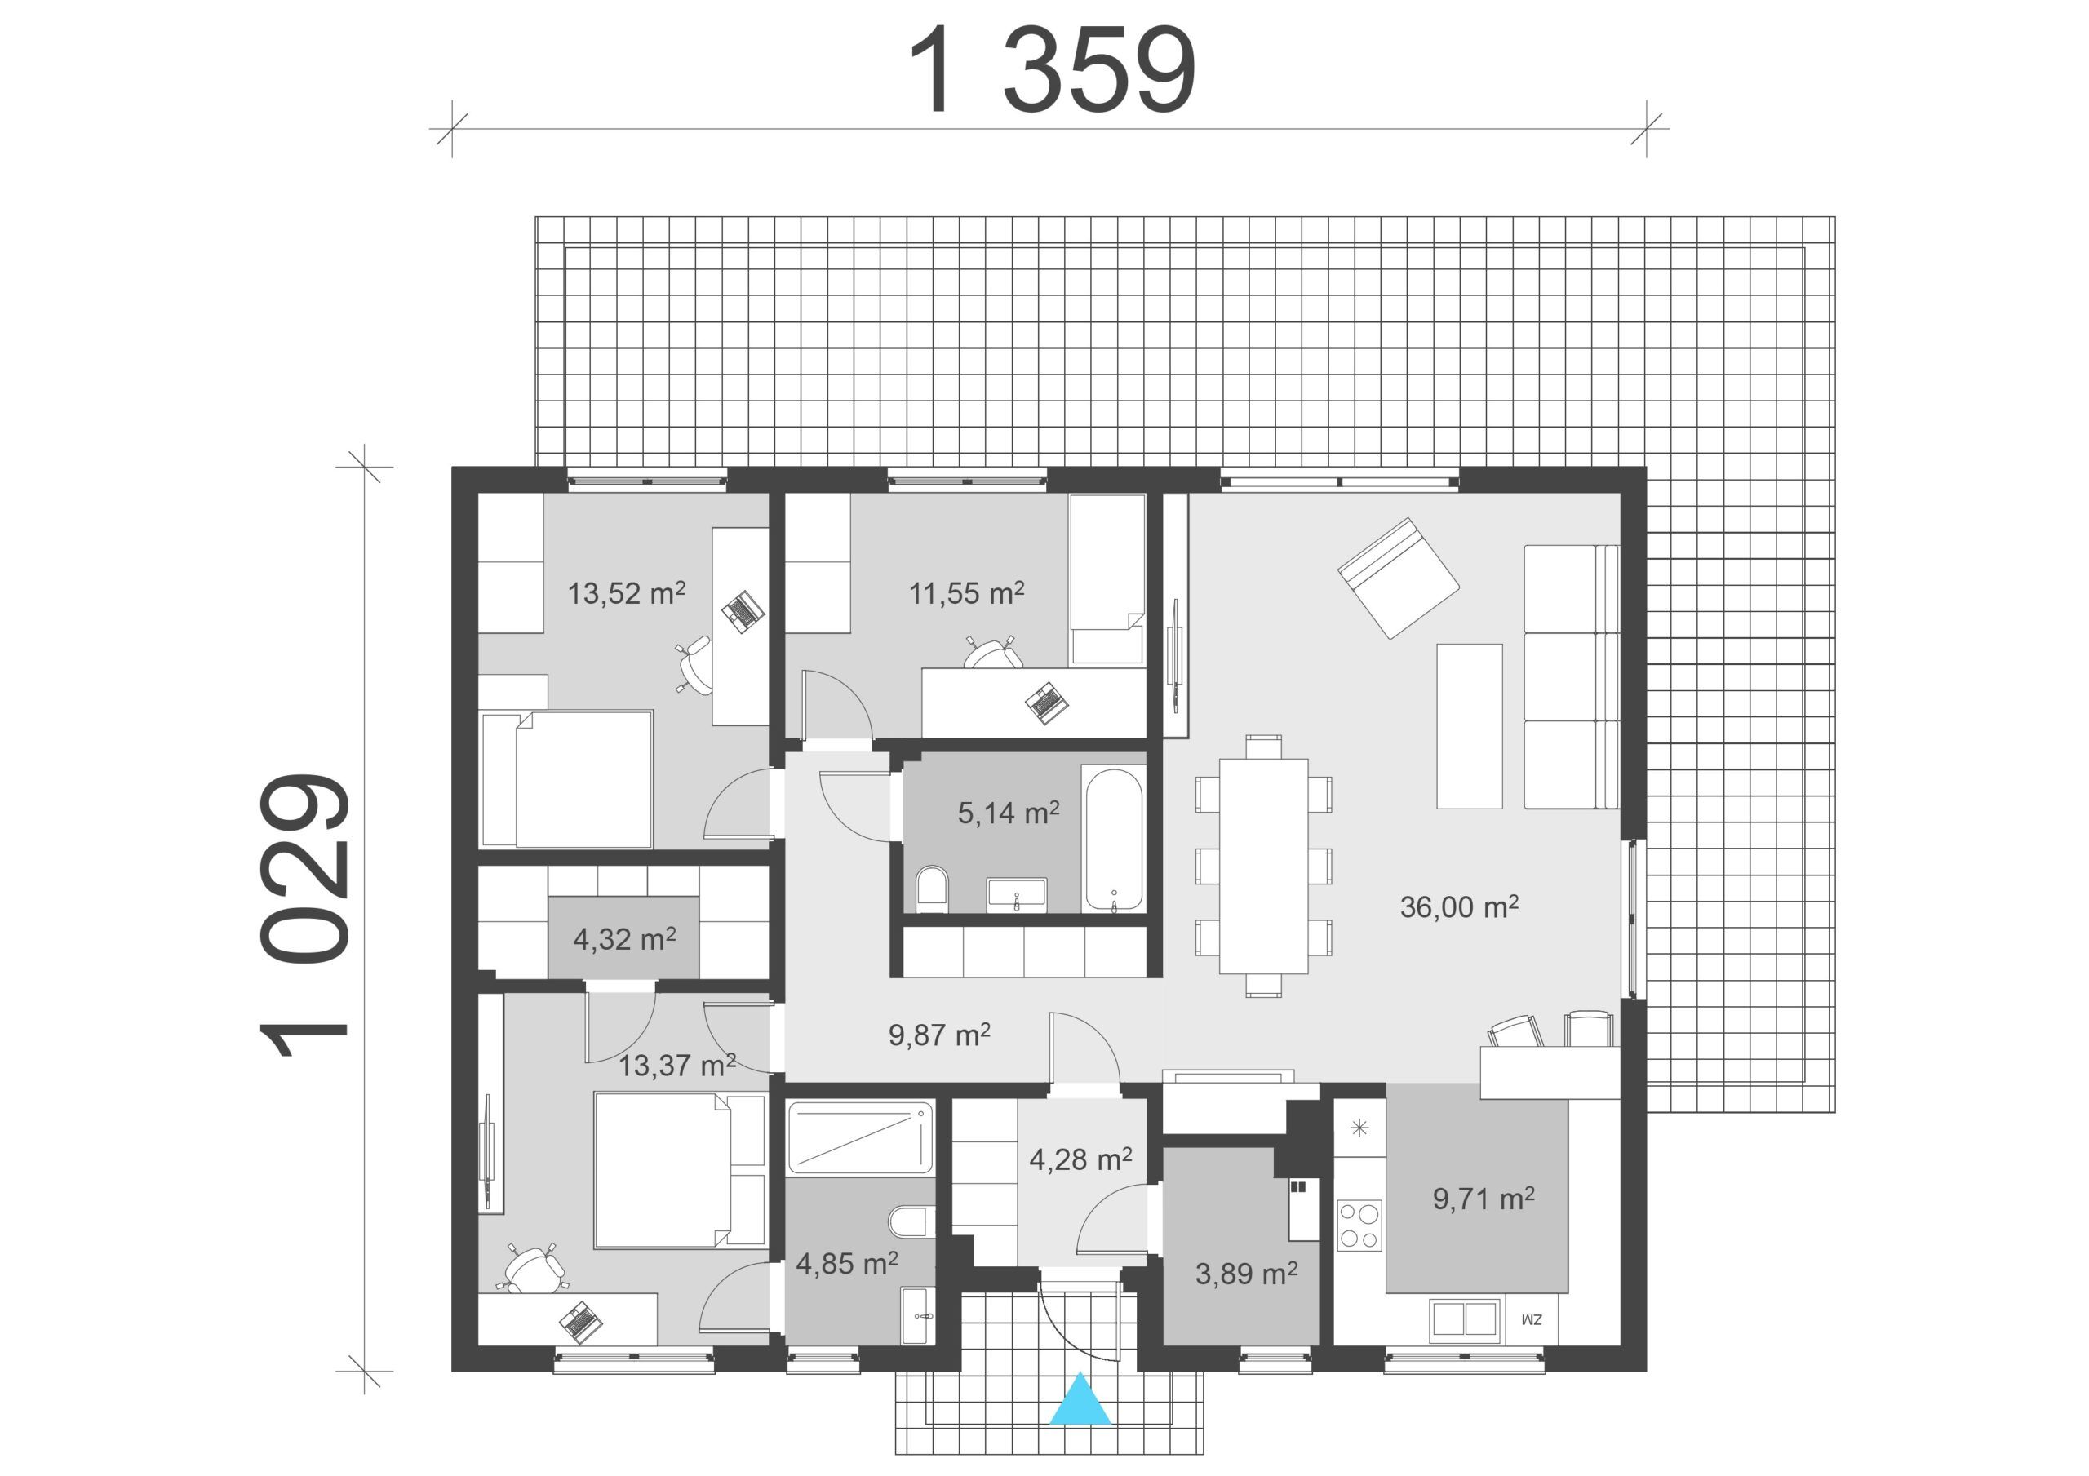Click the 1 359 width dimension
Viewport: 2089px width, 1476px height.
point(1052,70)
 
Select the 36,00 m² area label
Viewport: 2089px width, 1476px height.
point(1459,906)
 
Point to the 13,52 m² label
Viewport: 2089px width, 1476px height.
point(627,593)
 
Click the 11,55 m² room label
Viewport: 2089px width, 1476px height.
point(967,593)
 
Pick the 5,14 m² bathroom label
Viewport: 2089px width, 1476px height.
point(1008,813)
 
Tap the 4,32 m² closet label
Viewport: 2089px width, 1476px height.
point(624,938)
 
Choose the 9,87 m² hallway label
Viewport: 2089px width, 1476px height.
point(939,1035)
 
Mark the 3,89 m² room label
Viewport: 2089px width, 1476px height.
point(1245,1274)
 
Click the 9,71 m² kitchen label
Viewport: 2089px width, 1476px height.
point(1484,1199)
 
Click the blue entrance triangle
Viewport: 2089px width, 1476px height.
point(1080,1399)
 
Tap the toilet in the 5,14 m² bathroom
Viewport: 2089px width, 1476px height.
point(932,889)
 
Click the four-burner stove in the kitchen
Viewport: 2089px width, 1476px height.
point(1359,1226)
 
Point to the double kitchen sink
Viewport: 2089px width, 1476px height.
point(1464,1321)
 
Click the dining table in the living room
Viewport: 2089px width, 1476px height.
point(1264,866)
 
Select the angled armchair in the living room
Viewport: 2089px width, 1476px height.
point(1399,578)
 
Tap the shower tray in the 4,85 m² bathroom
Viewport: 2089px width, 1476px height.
point(860,1138)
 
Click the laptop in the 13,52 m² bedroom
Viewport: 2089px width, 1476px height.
point(743,611)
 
